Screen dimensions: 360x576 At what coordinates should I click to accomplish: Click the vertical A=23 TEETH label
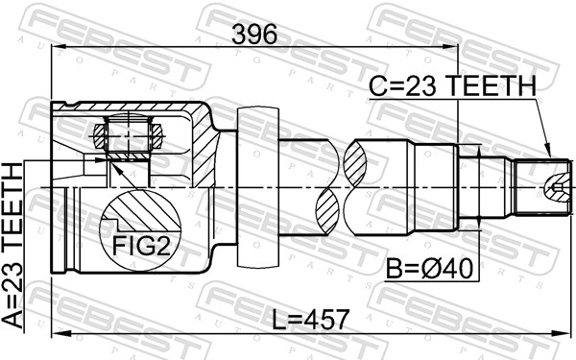[x=13, y=246]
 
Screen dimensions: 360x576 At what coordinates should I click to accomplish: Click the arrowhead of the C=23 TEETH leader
[x=548, y=154]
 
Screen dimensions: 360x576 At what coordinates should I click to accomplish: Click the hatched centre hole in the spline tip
[x=555, y=185]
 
